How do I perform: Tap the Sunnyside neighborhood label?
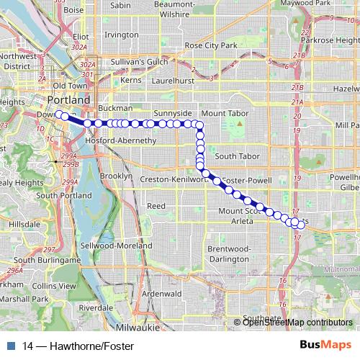coord(172,114)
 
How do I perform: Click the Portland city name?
coord(68,99)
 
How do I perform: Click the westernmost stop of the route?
coord(58,114)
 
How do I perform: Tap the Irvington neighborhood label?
coord(120,35)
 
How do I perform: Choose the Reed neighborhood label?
coord(156,206)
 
